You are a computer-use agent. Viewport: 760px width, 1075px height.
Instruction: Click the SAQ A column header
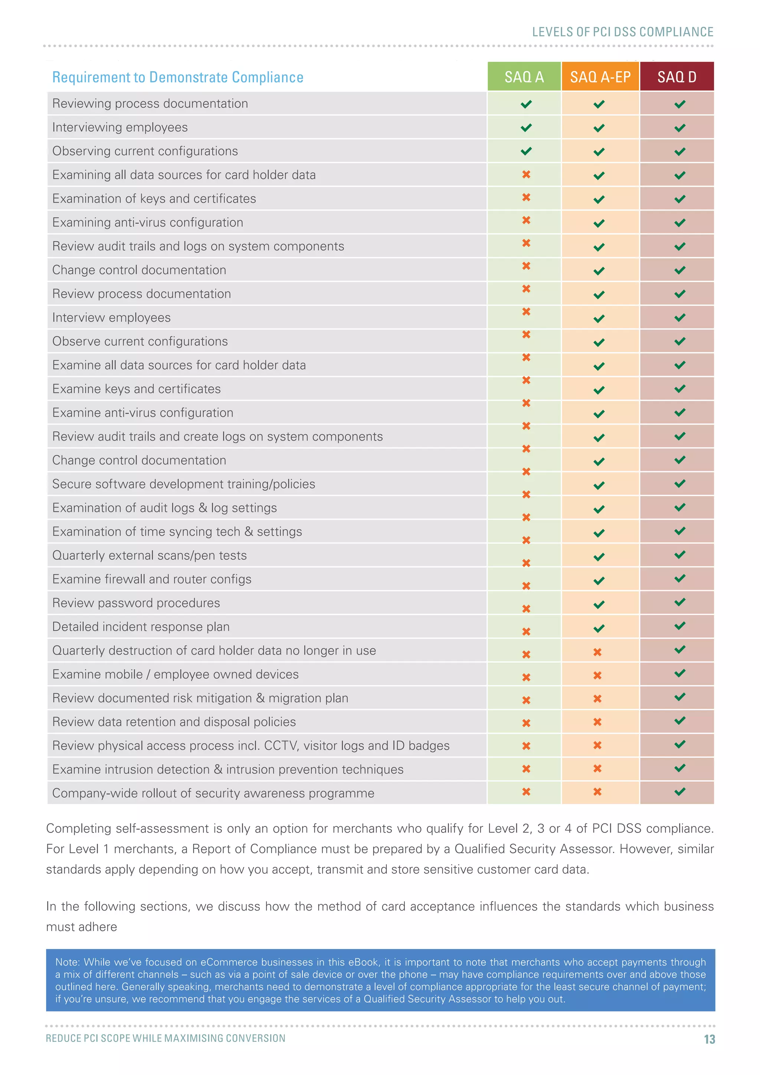524,76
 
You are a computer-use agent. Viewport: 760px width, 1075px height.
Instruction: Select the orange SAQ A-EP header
600,76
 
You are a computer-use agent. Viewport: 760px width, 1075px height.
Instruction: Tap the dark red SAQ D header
677,76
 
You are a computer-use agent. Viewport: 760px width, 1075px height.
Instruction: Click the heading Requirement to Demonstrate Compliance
177,77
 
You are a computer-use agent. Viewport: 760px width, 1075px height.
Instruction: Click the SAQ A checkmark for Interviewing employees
526,127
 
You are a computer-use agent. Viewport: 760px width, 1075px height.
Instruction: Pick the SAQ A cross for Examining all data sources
526,174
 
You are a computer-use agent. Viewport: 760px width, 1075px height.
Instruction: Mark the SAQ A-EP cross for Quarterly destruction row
597,652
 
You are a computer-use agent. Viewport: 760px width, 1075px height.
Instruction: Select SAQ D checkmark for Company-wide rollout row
679,792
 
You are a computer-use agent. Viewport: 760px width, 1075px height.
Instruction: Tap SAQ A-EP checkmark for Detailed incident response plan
599,628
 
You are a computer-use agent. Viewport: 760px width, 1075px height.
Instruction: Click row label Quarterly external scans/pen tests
149,555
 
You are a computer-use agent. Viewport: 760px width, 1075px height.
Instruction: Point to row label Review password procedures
136,603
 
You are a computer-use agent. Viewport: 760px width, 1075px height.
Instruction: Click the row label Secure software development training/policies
183,484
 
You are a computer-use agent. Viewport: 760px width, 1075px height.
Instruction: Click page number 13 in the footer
709,1039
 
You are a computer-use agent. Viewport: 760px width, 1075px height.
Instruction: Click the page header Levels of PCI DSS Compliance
622,32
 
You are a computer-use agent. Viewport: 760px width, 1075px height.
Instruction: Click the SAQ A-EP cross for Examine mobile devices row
597,675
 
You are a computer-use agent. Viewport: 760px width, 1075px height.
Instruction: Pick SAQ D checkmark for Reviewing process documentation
679,104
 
